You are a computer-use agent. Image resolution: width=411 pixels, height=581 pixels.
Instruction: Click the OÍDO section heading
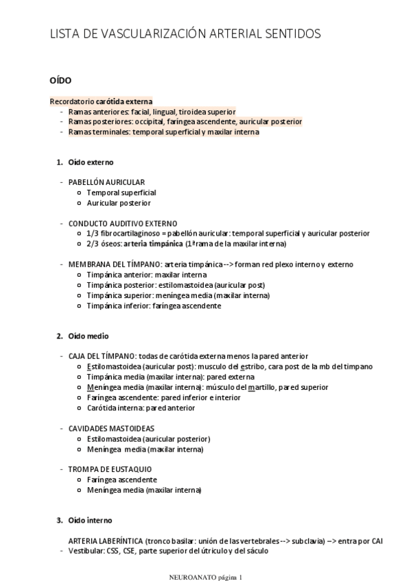point(61,80)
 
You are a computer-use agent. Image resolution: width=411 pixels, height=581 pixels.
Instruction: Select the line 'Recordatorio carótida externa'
point(102,101)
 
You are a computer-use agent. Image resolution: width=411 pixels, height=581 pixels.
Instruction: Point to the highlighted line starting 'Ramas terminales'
point(163,132)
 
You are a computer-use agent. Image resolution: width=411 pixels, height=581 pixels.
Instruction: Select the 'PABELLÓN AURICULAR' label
point(106,182)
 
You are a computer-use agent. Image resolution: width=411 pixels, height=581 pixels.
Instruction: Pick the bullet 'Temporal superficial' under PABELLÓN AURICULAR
point(121,193)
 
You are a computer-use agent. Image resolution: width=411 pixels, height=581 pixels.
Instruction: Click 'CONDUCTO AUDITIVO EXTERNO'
point(123,223)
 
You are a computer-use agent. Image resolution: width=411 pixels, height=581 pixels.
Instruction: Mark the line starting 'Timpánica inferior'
point(154,306)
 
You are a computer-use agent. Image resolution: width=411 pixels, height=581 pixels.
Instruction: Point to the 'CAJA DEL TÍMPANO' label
point(102,356)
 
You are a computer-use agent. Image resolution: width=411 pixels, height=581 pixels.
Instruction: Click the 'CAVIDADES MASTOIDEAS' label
point(111,428)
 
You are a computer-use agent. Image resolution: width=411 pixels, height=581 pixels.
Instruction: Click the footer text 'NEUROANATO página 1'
point(205,576)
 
